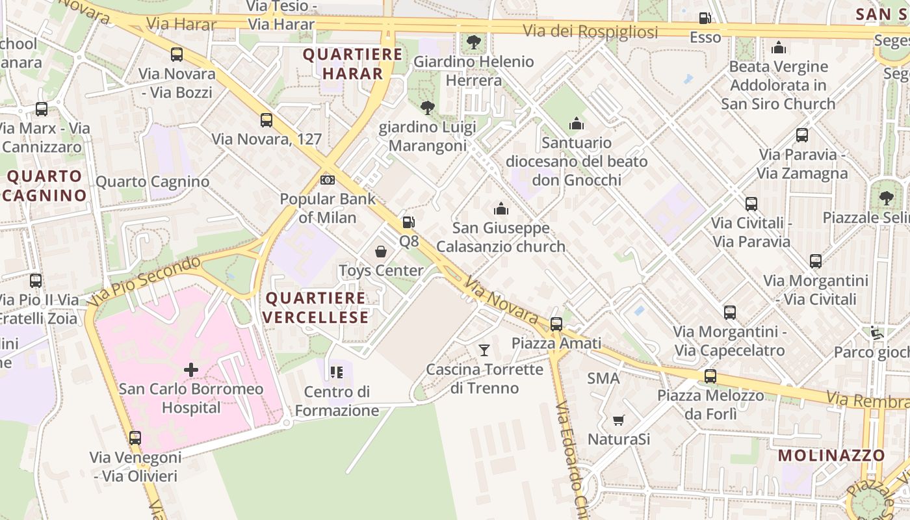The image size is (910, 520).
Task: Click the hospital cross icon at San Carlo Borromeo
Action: click(x=191, y=370)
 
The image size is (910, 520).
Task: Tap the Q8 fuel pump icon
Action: click(x=408, y=222)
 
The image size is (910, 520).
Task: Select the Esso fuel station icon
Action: click(x=705, y=18)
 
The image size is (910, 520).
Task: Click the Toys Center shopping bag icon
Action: click(x=381, y=251)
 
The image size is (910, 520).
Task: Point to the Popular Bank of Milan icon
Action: click(x=328, y=179)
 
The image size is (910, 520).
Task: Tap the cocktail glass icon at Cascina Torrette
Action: click(x=484, y=350)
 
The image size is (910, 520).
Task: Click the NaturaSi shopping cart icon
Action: click(x=618, y=421)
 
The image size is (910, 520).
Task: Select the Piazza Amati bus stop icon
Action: click(x=556, y=324)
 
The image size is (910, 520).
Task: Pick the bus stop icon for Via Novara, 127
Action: click(x=266, y=120)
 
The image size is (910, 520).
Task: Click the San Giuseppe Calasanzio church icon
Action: click(x=500, y=209)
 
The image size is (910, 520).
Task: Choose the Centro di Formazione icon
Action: click(x=336, y=372)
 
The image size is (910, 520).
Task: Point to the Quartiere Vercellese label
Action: click(x=317, y=307)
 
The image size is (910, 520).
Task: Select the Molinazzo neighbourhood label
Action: click(x=831, y=455)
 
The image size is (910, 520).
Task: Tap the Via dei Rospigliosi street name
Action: click(x=590, y=31)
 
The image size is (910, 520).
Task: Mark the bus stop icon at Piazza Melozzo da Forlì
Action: click(x=710, y=376)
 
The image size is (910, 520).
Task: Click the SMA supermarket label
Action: click(x=603, y=378)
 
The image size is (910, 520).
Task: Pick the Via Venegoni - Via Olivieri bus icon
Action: click(x=135, y=437)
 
